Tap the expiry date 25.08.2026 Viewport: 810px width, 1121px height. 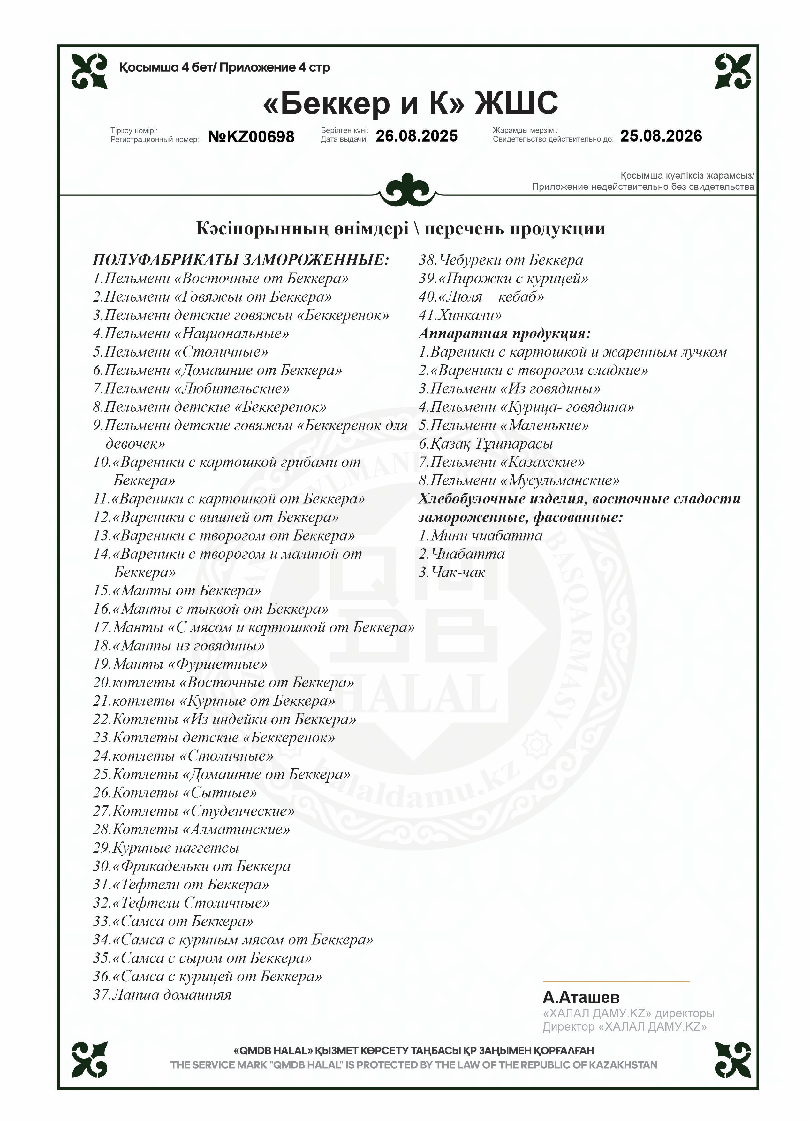coord(661,136)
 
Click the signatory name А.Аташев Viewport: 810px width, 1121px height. coord(581,997)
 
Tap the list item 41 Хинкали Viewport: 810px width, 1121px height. coord(460,315)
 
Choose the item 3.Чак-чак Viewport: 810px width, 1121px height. coord(452,572)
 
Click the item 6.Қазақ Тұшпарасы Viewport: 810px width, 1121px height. coord(486,444)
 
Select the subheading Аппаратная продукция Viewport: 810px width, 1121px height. coord(504,334)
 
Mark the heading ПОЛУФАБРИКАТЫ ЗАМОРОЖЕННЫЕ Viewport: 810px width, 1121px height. coord(240,260)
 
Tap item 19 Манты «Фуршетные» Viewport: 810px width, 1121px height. coord(180,664)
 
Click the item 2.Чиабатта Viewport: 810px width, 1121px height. coord(462,554)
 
